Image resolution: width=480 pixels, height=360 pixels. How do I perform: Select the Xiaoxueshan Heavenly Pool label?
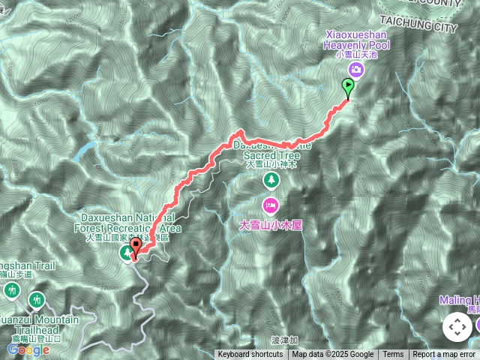356,40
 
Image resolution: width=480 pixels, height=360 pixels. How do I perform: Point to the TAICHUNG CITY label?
428,27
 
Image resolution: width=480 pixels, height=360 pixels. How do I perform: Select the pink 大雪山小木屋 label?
270,224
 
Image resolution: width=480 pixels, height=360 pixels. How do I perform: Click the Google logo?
28,349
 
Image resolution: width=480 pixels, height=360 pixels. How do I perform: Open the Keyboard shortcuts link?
250,355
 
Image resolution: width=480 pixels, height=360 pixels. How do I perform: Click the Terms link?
393,355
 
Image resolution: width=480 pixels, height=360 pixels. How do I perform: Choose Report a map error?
444,355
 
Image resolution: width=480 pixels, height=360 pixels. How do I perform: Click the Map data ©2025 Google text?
333,355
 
